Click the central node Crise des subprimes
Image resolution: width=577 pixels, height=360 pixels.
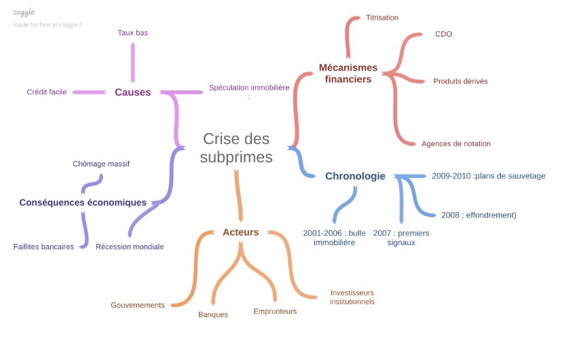pyautogui.click(x=236, y=148)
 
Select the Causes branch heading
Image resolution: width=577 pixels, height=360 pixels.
pyautogui.click(x=132, y=92)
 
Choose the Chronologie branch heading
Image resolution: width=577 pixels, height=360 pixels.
pyautogui.click(x=355, y=177)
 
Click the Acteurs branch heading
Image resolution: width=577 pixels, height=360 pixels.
pyautogui.click(x=240, y=232)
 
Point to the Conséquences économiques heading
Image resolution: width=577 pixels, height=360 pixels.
pyautogui.click(x=83, y=202)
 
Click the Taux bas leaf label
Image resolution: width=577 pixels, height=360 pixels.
pyautogui.click(x=132, y=33)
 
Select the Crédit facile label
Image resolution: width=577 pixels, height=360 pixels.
pyautogui.click(x=47, y=92)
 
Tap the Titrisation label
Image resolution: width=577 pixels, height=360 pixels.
pyautogui.click(x=381, y=18)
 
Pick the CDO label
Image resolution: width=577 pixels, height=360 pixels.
pyautogui.click(x=443, y=34)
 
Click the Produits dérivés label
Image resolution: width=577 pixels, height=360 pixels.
pyautogui.click(x=460, y=82)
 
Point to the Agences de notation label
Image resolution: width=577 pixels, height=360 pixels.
pyautogui.click(x=455, y=144)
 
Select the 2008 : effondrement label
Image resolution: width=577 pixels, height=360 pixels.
pyautogui.click(x=479, y=215)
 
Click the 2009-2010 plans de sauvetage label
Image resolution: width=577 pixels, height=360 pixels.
pyautogui.click(x=488, y=176)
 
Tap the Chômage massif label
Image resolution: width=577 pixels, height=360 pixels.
pyautogui.click(x=101, y=164)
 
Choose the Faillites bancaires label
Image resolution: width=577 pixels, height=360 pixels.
pyautogui.click(x=43, y=247)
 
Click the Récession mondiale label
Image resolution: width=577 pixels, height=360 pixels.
pyautogui.click(x=130, y=247)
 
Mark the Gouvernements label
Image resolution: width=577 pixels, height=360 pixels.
pyautogui.click(x=138, y=306)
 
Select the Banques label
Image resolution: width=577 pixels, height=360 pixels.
pyautogui.click(x=213, y=314)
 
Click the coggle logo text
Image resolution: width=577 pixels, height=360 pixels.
pyautogui.click(x=24, y=12)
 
